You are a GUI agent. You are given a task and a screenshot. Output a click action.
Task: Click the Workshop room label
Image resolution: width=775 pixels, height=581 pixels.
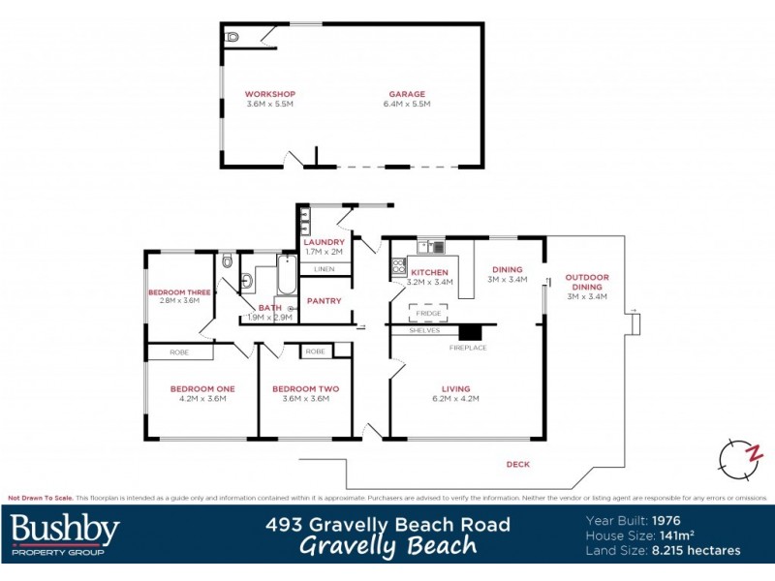coord(269,94)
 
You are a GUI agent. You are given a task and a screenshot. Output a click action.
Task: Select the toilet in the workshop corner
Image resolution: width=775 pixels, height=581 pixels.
coord(232,37)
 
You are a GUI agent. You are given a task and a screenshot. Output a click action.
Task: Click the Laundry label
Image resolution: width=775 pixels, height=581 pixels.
coord(324,242)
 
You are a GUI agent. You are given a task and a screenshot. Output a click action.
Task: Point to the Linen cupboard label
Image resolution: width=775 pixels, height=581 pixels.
coord(324,268)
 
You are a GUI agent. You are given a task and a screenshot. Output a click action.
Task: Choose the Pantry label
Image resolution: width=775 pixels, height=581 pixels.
coord(324,300)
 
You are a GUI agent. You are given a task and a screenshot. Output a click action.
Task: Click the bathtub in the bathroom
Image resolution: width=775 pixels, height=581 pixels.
coord(287,276)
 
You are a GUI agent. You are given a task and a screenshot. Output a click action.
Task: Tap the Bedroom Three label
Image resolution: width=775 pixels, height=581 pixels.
coord(179,291)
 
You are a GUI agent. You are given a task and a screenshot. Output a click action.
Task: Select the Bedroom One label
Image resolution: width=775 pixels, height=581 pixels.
coord(202,388)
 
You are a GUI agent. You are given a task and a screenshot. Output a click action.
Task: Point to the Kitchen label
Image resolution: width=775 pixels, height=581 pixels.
coord(430,273)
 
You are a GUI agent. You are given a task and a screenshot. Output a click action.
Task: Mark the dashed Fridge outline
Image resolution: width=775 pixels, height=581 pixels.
coord(428,313)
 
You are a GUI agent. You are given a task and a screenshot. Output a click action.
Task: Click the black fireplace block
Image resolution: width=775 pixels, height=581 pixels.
coord(469,331)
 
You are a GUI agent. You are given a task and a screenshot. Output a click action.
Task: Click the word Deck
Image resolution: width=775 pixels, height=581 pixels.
coord(518,465)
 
